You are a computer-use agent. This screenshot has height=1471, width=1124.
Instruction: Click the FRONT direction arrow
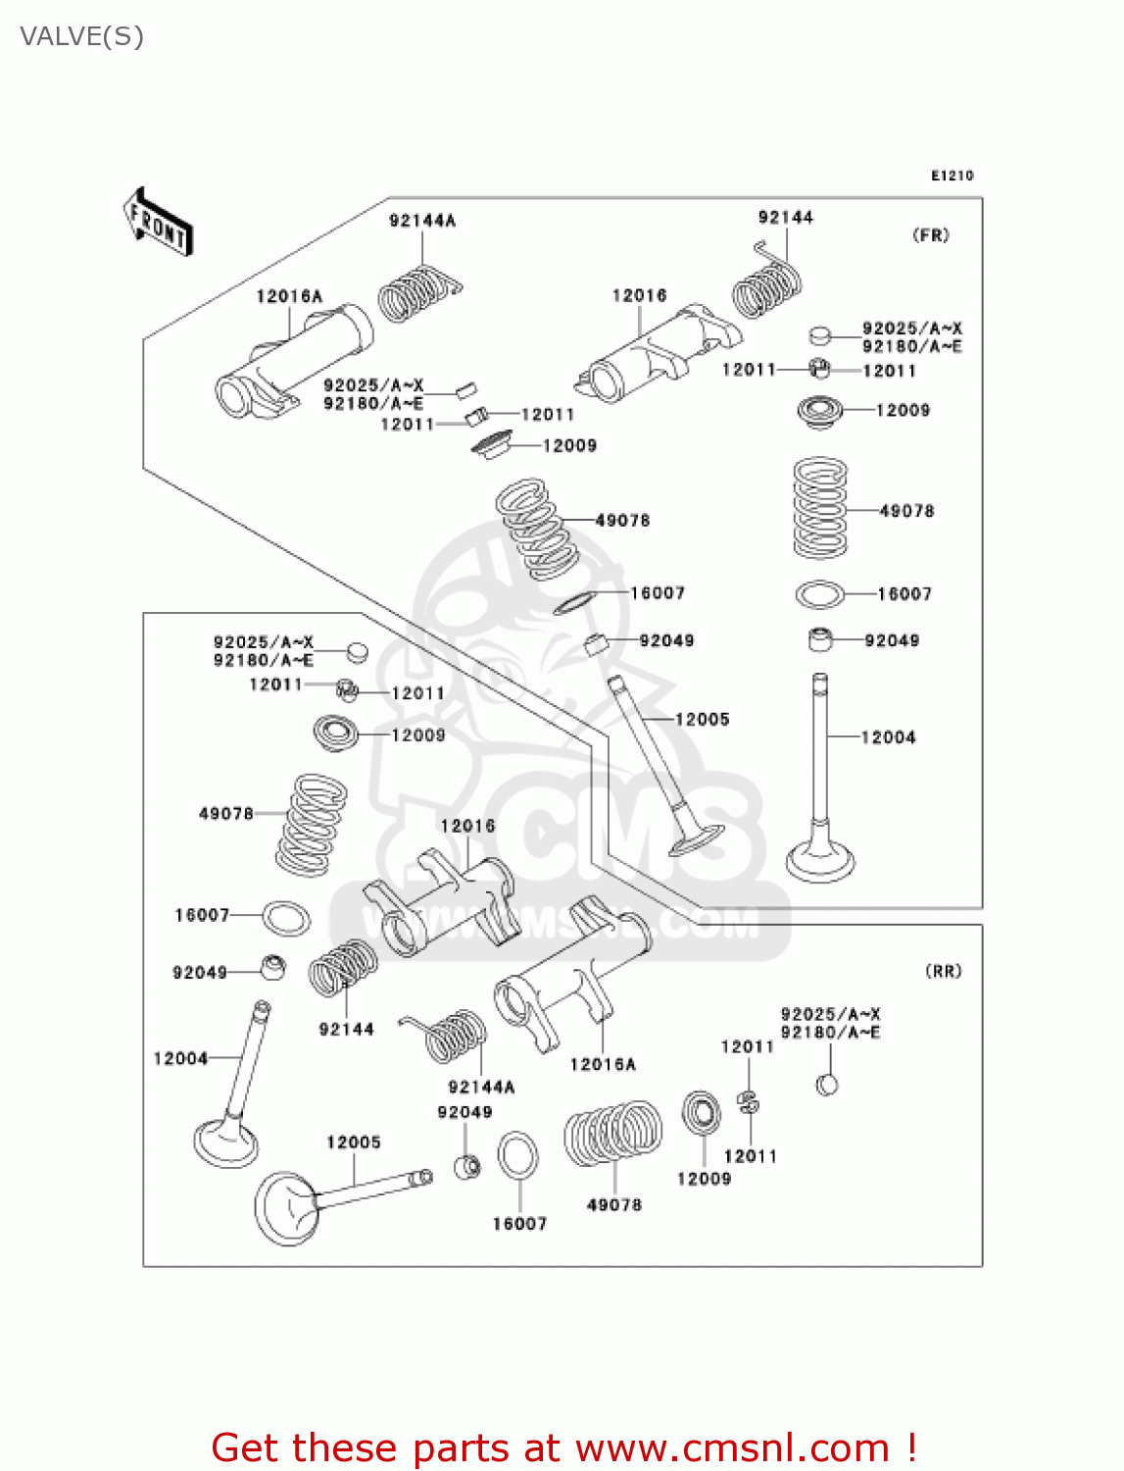[157, 223]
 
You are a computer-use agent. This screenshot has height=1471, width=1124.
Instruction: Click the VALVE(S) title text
[82, 37]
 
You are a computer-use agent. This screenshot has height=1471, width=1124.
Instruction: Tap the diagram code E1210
[952, 176]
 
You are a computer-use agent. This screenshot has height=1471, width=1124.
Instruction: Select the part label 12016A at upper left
[289, 296]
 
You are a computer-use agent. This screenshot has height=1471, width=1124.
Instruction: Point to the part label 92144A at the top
[422, 221]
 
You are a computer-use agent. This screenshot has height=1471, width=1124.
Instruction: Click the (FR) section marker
[930, 235]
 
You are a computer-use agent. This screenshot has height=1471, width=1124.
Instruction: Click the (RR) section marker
[944, 971]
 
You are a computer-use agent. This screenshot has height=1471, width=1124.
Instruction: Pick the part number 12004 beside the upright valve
[888, 737]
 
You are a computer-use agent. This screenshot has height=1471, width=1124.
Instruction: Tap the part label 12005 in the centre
[702, 720]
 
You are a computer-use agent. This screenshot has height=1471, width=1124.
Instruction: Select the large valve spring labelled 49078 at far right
[820, 508]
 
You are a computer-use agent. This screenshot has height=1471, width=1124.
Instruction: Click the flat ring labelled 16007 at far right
[819, 594]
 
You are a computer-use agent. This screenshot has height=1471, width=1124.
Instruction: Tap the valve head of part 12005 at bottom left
[285, 1208]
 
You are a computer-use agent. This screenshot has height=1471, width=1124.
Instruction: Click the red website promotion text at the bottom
[563, 1447]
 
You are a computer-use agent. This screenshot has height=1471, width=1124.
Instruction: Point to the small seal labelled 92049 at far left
[273, 967]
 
